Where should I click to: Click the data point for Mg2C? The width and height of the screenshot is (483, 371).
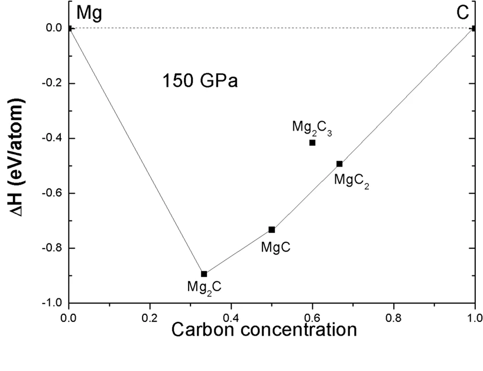204,274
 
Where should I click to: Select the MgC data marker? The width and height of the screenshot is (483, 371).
272,229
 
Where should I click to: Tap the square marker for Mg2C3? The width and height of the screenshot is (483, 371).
312,142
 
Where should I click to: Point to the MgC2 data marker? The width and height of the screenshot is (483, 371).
339,164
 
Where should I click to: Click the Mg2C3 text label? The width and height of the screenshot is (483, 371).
312,128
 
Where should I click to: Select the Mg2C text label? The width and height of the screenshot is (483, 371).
205,288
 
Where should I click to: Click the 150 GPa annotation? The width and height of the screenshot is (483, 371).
200,80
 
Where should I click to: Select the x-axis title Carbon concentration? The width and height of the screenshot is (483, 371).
264,329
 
